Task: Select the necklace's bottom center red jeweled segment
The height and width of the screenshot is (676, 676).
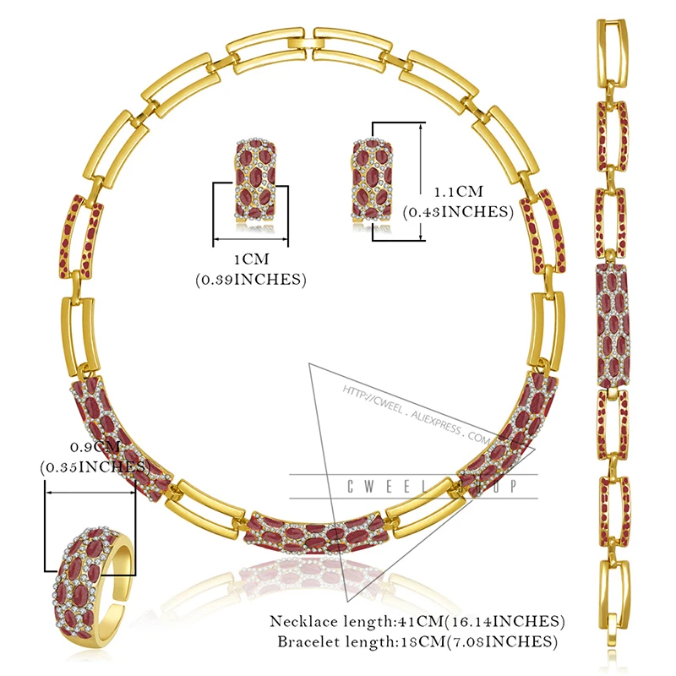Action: (x=313, y=533)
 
